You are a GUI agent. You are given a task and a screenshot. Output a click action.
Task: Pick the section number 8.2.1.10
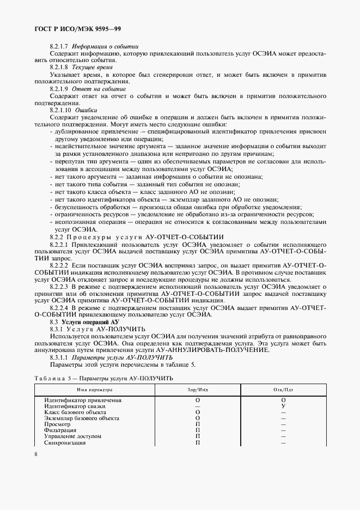click(x=60, y=110)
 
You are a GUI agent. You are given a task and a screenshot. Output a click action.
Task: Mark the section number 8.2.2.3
click(x=59, y=286)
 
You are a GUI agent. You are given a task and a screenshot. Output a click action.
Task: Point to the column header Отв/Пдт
click(x=283, y=390)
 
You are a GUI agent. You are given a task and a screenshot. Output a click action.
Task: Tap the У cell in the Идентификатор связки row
click(x=283, y=406)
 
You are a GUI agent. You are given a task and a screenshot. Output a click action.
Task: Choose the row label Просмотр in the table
click(x=57, y=424)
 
